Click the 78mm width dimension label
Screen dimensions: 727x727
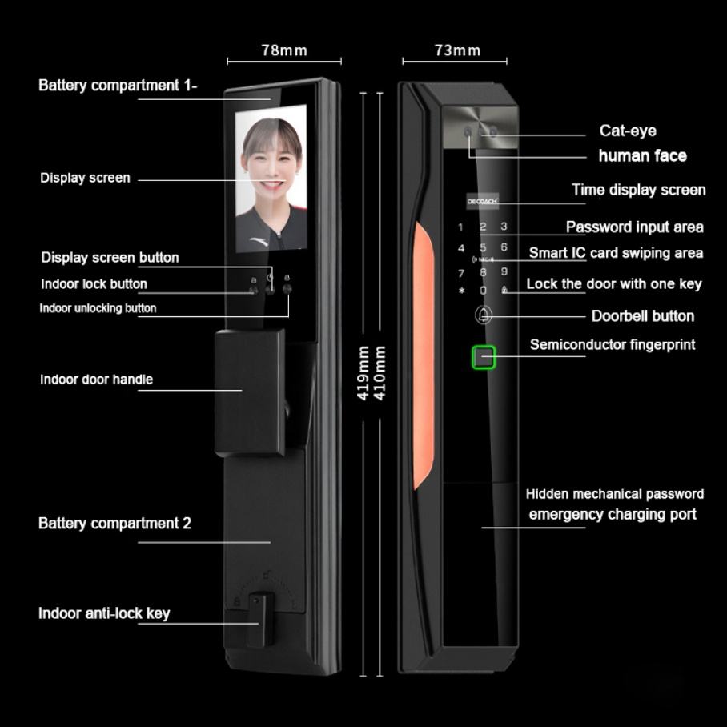[283, 50]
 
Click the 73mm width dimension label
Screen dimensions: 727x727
[457, 50]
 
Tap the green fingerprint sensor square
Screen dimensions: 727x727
[484, 357]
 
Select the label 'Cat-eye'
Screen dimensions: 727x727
[628, 131]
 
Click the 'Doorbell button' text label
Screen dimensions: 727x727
[642, 315]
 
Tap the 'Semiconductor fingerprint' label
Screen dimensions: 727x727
[612, 345]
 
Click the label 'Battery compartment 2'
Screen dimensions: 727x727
[114, 524]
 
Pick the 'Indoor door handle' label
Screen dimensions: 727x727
[96, 380]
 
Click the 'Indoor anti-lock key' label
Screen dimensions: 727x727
[104, 614]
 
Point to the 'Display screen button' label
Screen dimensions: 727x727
[110, 258]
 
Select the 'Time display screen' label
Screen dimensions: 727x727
[638, 191]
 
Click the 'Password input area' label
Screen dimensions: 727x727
[634, 227]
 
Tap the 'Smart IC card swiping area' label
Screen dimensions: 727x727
[616, 253]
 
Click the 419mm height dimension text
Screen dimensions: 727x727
[363, 373]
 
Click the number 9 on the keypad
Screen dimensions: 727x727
[504, 272]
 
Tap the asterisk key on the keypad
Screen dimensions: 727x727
[461, 291]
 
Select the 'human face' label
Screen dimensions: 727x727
[642, 155]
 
